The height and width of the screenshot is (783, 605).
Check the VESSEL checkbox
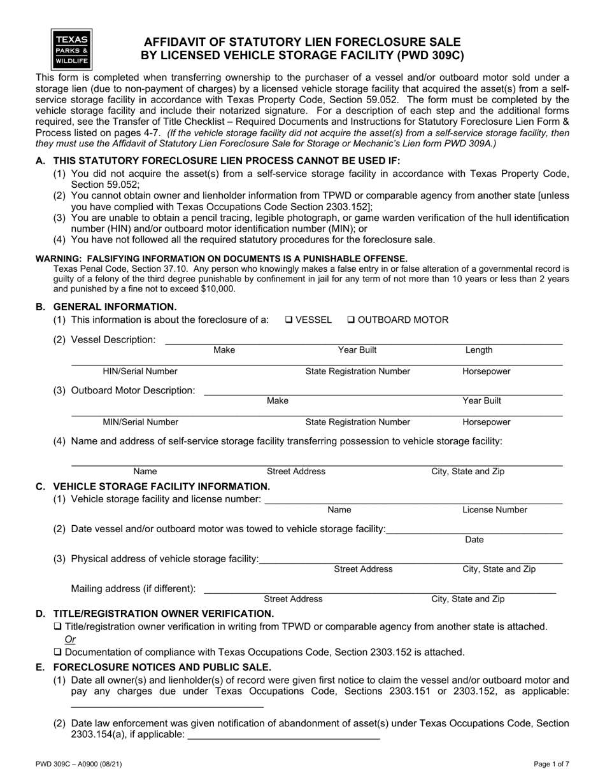(288, 320)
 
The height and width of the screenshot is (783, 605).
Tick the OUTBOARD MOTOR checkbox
(350, 320)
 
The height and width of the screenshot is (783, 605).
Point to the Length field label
(479, 350)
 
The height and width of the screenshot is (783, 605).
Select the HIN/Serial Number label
(140, 371)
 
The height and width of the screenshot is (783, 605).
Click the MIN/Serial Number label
(140, 422)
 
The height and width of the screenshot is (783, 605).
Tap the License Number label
(494, 510)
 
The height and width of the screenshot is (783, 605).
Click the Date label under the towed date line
(474, 540)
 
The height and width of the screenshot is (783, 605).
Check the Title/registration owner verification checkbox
(58, 627)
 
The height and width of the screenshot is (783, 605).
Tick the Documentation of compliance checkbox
(58, 652)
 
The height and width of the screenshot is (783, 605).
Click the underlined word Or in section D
(70, 639)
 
